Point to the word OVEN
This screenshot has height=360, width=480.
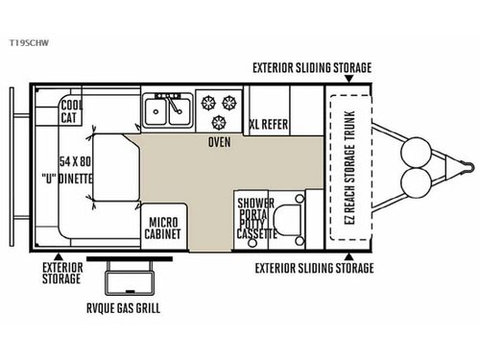[219, 142]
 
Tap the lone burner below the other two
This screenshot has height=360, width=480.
[219, 121]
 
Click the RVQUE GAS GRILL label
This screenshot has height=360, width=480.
[120, 308]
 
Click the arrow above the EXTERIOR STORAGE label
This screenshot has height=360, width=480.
[59, 254]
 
